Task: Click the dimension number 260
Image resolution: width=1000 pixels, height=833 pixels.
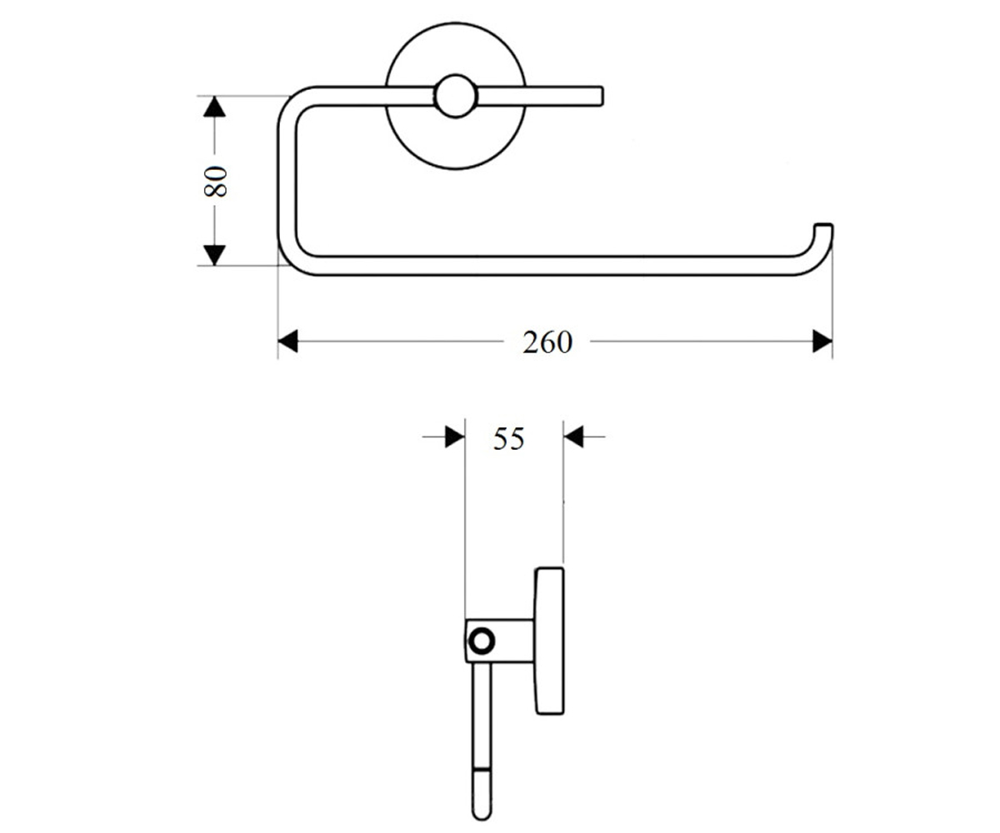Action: pyautogui.click(x=547, y=342)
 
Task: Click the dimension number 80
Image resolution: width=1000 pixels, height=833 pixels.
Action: pyautogui.click(x=215, y=181)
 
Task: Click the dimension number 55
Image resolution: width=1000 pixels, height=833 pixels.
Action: pyautogui.click(x=508, y=438)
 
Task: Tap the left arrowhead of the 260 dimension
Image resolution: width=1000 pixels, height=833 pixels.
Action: pyautogui.click(x=287, y=342)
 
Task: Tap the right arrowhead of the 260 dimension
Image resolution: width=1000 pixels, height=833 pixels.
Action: pyautogui.click(x=822, y=342)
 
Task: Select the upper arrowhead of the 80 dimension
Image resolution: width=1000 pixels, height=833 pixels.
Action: pyautogui.click(x=214, y=107)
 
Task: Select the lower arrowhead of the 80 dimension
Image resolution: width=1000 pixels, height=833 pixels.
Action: pyautogui.click(x=214, y=255)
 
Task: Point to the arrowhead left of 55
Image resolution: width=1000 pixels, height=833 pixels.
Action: pyautogui.click(x=454, y=436)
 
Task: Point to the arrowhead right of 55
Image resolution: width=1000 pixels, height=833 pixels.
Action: pyautogui.click(x=573, y=436)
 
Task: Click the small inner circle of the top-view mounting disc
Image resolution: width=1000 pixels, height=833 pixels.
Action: pyautogui.click(x=456, y=97)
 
